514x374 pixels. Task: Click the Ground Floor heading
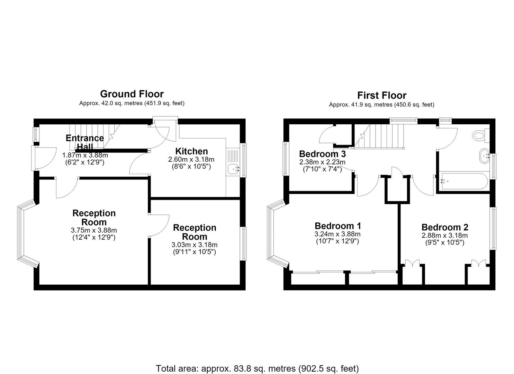point(132,94)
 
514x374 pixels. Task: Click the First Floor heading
point(381,95)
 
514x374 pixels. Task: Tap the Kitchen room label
point(191,151)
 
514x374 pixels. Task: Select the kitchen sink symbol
point(234,169)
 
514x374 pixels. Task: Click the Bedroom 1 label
point(338,226)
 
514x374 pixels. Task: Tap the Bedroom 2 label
point(445,227)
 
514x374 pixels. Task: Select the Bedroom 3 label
point(322,154)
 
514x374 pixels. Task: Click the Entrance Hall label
point(85,142)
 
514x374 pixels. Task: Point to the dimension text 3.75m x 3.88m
point(94,230)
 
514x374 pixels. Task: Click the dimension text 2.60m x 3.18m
point(191,159)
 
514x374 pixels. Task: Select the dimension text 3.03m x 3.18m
point(195,245)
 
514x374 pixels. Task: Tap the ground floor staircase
point(94,136)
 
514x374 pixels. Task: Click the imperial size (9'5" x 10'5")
point(445,242)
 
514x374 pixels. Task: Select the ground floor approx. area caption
point(132,103)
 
